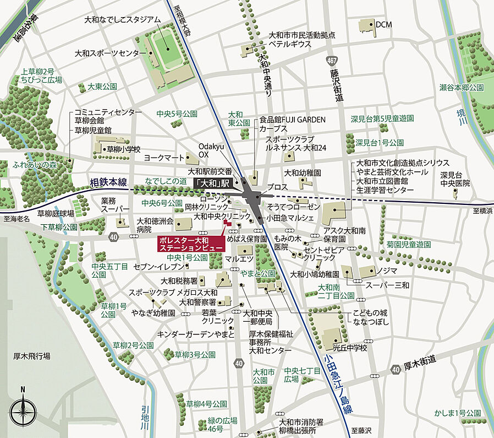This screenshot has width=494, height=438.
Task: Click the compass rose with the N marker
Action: coord(23,411)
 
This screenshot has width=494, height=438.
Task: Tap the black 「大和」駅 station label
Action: coord(216,183)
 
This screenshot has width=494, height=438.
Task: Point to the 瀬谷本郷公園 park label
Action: coord(461,87)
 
